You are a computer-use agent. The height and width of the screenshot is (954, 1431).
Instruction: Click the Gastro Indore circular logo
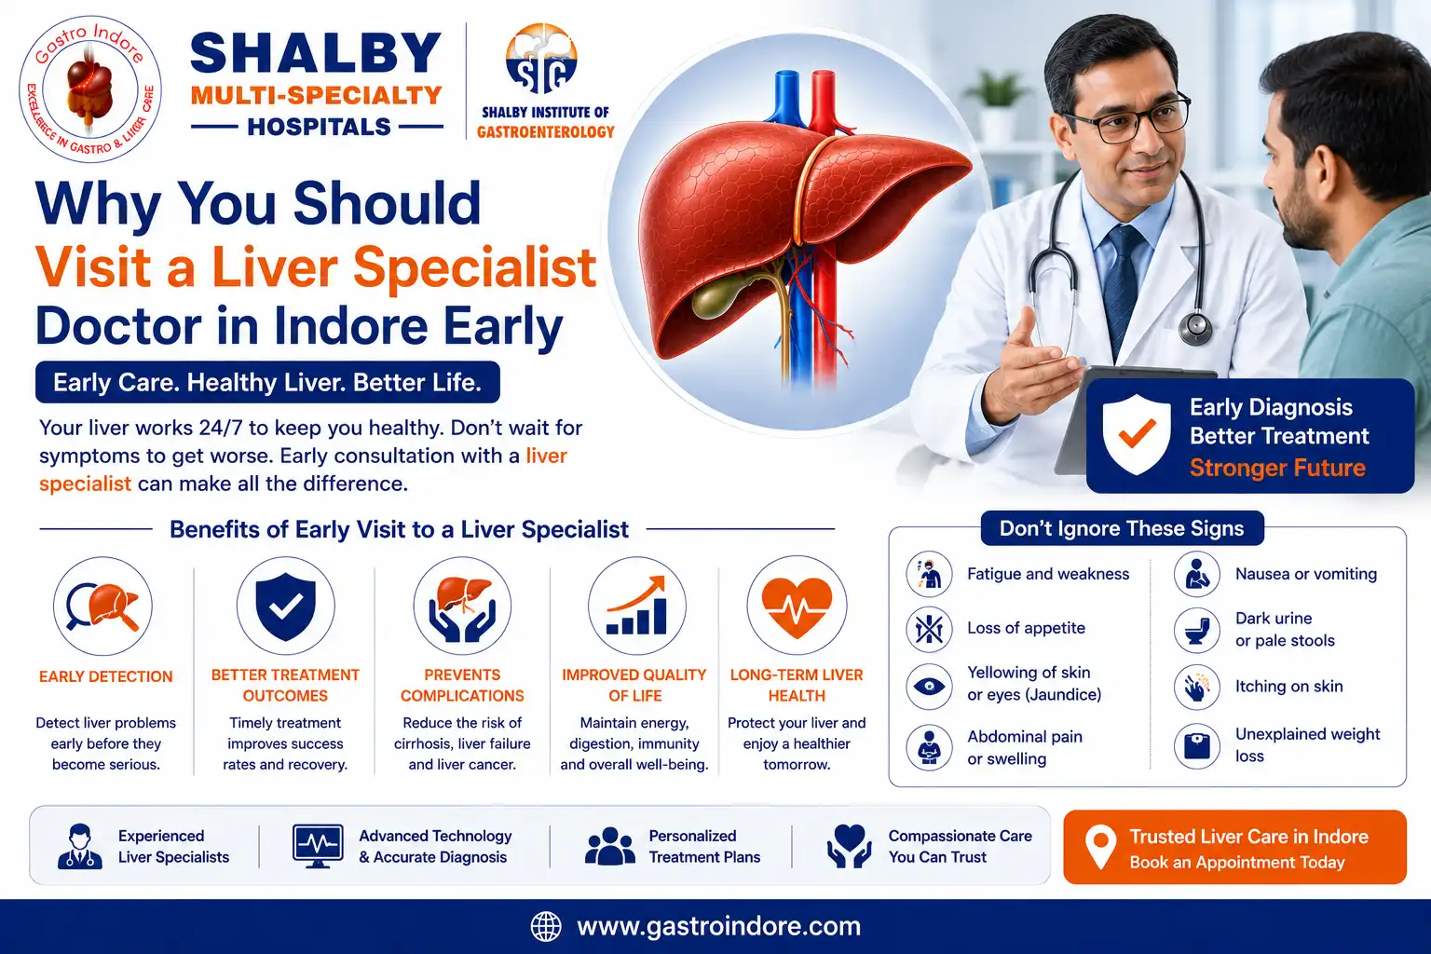click(x=90, y=89)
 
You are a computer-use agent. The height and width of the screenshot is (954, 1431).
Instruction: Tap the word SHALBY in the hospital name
click(x=316, y=53)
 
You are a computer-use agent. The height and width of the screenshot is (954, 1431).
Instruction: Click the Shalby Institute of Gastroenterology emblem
click(x=541, y=59)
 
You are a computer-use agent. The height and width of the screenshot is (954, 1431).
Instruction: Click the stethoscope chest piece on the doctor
click(x=1195, y=327)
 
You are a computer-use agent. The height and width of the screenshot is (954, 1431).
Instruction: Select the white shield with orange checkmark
click(x=1137, y=434)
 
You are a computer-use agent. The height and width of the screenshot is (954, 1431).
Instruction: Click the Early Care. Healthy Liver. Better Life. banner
click(x=267, y=382)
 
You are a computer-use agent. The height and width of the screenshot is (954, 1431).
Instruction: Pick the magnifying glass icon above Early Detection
click(x=102, y=606)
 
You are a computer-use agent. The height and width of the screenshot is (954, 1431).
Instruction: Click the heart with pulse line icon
click(x=797, y=607)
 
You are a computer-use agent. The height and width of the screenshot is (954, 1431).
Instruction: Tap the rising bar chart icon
click(x=636, y=606)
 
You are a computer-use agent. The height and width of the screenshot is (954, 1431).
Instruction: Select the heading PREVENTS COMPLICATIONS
click(x=462, y=685)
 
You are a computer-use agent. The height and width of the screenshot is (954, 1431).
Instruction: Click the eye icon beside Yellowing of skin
click(x=930, y=687)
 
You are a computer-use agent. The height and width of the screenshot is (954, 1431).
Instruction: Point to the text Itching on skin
click(x=1288, y=687)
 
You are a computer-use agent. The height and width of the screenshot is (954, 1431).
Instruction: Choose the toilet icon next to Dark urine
click(x=1196, y=630)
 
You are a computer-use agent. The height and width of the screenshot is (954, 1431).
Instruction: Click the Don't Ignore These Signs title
click(x=1122, y=528)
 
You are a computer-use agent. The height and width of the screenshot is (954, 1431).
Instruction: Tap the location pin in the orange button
click(x=1100, y=847)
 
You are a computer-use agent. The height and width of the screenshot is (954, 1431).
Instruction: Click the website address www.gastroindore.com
click(x=718, y=926)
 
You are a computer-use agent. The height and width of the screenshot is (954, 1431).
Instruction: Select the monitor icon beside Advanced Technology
click(x=318, y=846)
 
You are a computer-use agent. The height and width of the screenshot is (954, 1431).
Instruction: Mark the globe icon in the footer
click(x=546, y=927)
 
